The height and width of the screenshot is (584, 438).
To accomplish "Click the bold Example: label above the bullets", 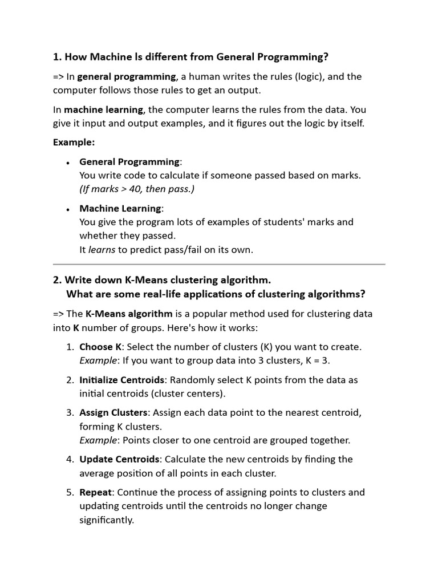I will [74, 142].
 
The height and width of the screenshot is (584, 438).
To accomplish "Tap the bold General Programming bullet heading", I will [129, 161].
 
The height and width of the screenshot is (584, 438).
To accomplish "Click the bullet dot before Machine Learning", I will [68, 209].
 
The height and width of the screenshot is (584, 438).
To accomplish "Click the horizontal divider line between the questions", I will [219, 265].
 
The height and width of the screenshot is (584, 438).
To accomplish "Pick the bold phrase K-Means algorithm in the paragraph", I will [129, 314].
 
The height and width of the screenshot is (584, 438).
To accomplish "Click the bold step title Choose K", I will [100, 347].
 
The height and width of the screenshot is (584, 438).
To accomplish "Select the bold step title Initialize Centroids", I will [122, 380].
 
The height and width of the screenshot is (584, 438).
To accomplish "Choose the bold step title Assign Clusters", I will [113, 412].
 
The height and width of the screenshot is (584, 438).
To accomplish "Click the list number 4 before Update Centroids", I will [70, 459].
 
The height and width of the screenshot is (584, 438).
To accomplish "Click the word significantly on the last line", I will [106, 520].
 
